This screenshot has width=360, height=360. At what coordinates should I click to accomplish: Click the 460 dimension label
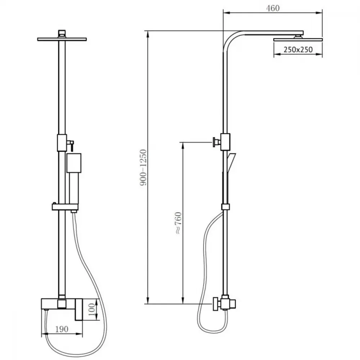[273, 8]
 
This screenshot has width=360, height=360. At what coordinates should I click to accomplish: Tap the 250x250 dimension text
[298, 49]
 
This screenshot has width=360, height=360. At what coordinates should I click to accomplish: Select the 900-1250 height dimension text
[143, 167]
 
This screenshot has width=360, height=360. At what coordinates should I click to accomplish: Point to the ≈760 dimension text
[179, 223]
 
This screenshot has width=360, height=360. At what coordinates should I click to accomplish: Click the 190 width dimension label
[62, 329]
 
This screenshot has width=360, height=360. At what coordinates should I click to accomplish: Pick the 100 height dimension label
[91, 310]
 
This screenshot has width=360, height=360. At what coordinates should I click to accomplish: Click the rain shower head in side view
[298, 40]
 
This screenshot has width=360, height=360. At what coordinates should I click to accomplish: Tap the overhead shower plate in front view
[62, 39]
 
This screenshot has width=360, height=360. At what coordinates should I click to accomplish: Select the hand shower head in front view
[74, 163]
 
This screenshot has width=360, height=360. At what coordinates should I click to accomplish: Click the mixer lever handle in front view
[79, 309]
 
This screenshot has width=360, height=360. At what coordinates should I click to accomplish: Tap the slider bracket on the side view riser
[225, 207]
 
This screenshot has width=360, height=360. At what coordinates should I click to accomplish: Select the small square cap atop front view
[62, 33]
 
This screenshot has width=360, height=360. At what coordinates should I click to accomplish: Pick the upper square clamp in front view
[62, 143]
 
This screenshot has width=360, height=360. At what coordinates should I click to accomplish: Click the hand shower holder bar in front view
[65, 207]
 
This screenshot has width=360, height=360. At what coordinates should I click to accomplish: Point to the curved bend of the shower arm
[231, 39]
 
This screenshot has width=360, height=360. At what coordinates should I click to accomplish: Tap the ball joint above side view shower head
[298, 36]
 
